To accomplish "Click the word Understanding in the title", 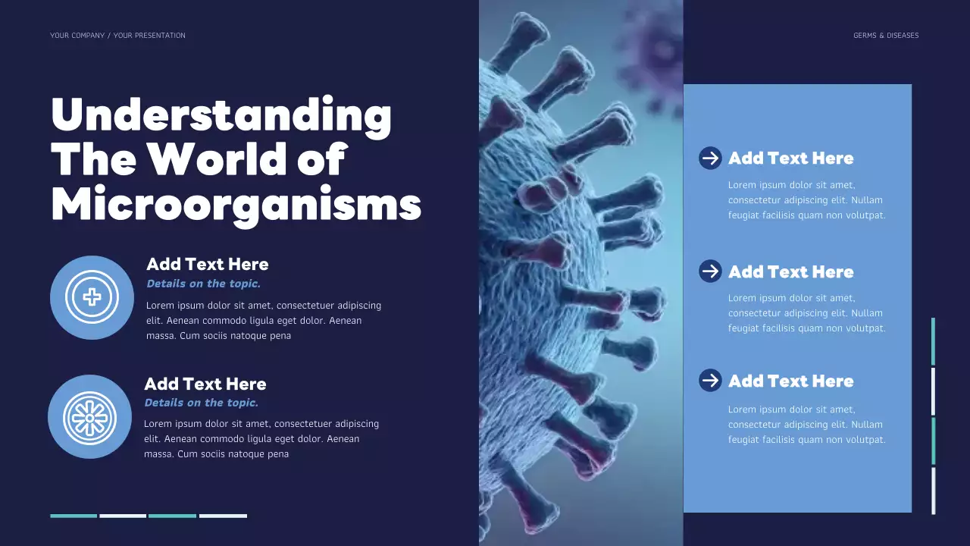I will [221, 115].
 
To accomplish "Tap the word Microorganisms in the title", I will [236, 204].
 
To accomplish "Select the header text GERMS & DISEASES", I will [885, 36].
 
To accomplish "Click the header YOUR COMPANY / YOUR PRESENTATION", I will [117, 36].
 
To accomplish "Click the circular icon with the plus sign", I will [92, 297].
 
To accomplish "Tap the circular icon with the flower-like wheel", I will [89, 416].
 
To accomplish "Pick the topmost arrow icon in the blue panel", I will [710, 158].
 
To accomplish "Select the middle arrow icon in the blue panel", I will [710, 271].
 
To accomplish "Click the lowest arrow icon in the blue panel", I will [710, 380].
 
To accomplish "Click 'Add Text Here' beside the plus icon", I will [207, 264].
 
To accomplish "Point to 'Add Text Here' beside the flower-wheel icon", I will [205, 384].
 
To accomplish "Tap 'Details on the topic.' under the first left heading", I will [203, 284].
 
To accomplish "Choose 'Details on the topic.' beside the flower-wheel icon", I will [201, 403].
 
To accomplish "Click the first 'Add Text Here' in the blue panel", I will [790, 158].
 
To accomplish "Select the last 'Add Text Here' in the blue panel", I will [790, 381].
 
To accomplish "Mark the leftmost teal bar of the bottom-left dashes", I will [74, 516].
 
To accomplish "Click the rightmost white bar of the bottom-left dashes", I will [223, 516].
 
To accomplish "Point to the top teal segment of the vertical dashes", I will [933, 341].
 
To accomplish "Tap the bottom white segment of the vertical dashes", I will [933, 491].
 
